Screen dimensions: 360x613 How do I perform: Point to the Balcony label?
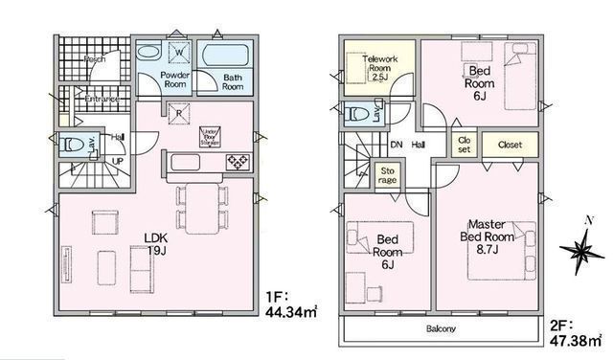(x=441, y=329)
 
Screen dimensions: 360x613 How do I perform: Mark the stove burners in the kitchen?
(x=237, y=163)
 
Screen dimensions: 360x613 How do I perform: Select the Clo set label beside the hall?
(x=464, y=146)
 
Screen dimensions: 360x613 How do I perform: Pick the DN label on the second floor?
(x=397, y=146)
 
